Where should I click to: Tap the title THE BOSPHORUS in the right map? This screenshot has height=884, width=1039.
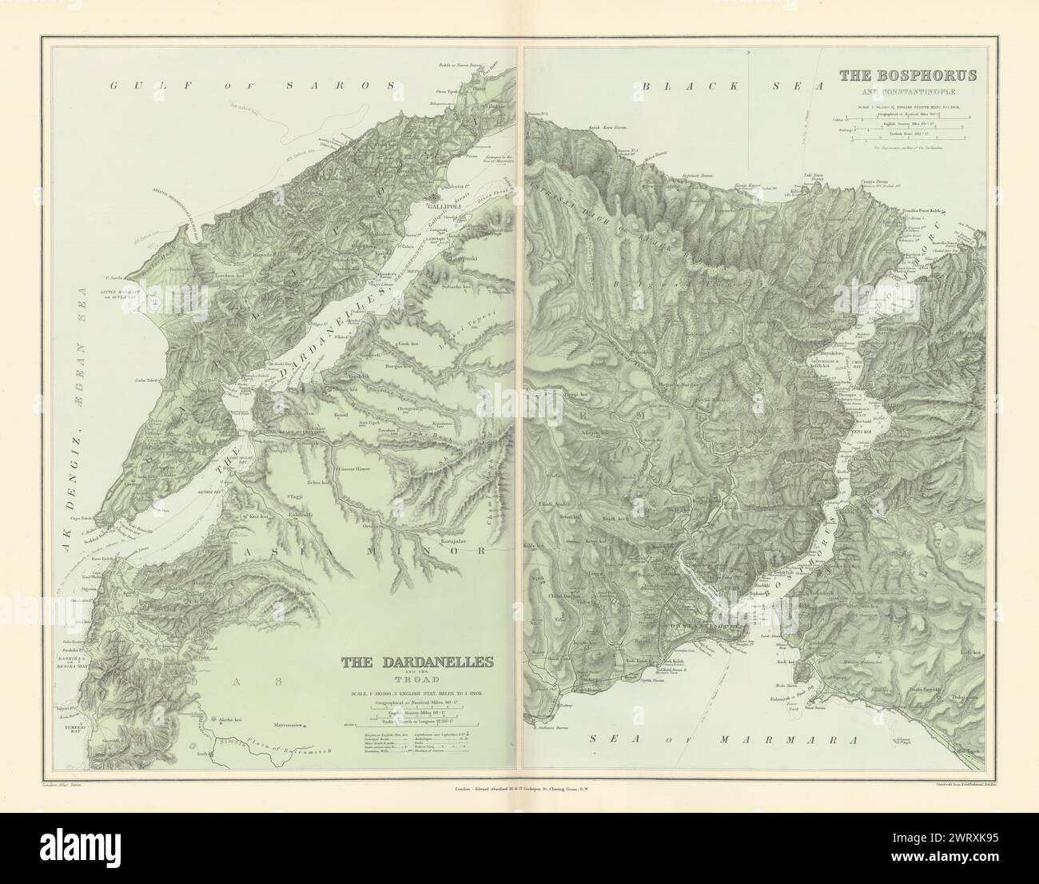pyautogui.click(x=907, y=76)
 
